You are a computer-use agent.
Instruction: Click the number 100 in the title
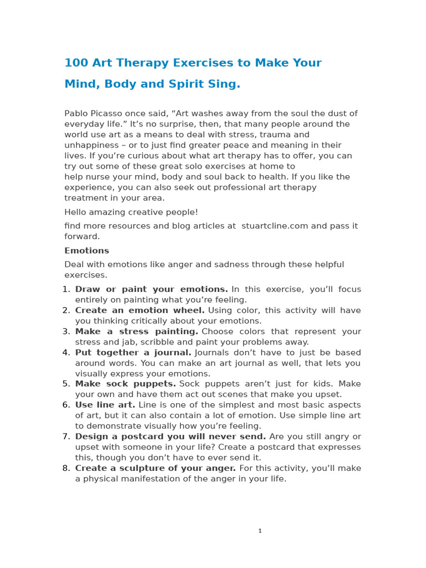click(76, 63)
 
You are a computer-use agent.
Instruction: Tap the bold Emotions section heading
click(87, 251)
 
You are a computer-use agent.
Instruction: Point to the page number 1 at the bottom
click(260, 531)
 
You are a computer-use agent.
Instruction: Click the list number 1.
click(66, 290)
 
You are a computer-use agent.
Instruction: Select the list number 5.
click(66, 384)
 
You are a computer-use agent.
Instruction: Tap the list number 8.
click(66, 468)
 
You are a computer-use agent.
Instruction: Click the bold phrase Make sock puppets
click(125, 384)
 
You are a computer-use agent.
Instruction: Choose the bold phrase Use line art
click(105, 405)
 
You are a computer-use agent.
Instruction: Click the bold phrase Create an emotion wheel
click(140, 311)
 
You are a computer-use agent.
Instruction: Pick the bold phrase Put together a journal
click(133, 353)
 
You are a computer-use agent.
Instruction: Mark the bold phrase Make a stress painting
click(136, 332)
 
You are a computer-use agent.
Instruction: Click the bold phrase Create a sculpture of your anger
click(155, 468)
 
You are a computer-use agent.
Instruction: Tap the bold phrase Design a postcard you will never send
click(170, 437)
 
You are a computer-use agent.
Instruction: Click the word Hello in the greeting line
click(76, 212)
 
